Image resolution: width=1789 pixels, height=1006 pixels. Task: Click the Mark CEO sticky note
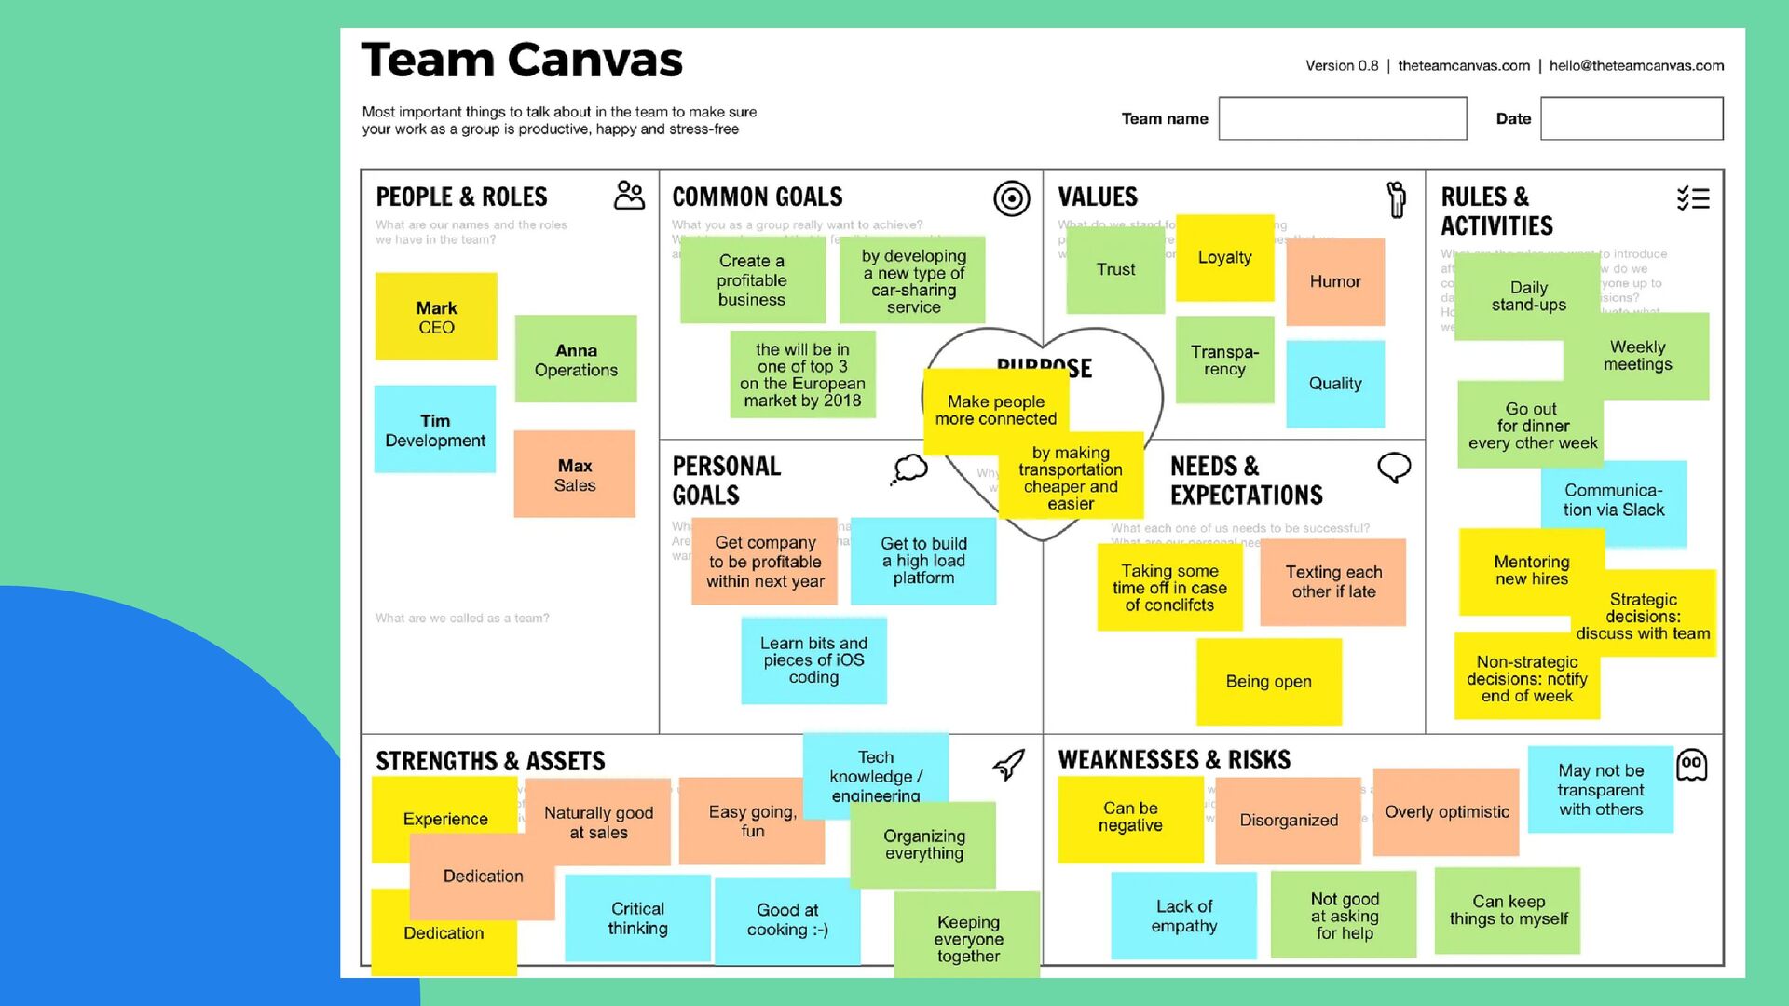[x=436, y=317]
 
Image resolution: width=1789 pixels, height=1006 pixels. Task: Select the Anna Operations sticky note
[x=576, y=360]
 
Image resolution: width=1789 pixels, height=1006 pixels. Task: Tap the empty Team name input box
[x=1343, y=118]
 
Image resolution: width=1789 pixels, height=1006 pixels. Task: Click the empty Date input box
[x=1632, y=118]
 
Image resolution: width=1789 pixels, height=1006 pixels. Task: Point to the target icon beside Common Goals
[x=1011, y=198]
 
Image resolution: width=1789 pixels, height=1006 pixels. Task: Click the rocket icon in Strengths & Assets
[x=1008, y=765]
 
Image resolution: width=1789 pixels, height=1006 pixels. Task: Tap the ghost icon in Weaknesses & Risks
[x=1691, y=765]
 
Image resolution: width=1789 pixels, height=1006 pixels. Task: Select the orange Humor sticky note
[x=1335, y=281]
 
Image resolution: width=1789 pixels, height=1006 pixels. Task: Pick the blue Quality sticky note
[x=1335, y=384]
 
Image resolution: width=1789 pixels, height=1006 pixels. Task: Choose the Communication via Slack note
[x=1614, y=500]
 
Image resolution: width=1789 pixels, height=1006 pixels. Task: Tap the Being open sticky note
[x=1268, y=681]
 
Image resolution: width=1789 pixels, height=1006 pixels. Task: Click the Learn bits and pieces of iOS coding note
[x=813, y=660]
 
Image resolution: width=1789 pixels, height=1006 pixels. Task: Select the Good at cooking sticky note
[x=787, y=919]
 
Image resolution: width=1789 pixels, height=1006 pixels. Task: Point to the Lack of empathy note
[x=1183, y=916]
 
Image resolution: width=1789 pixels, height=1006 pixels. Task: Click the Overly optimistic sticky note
[x=1446, y=811]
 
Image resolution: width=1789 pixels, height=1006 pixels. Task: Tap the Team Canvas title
[x=522, y=61]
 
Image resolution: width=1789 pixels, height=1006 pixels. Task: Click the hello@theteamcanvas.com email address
[x=1636, y=65]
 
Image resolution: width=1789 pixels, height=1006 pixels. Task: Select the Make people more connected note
[x=995, y=411]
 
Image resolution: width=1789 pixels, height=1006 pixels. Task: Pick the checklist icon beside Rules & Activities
[x=1693, y=198]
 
